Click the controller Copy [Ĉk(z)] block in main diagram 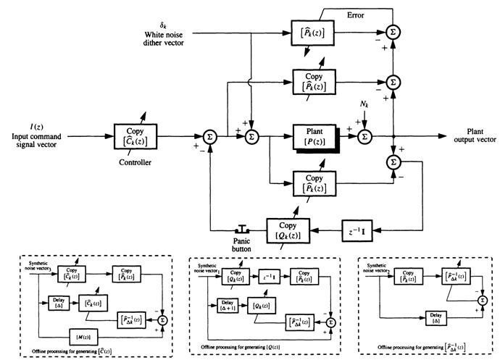pyautogui.click(x=136, y=135)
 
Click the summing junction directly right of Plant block pyautogui.click(x=365, y=135)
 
